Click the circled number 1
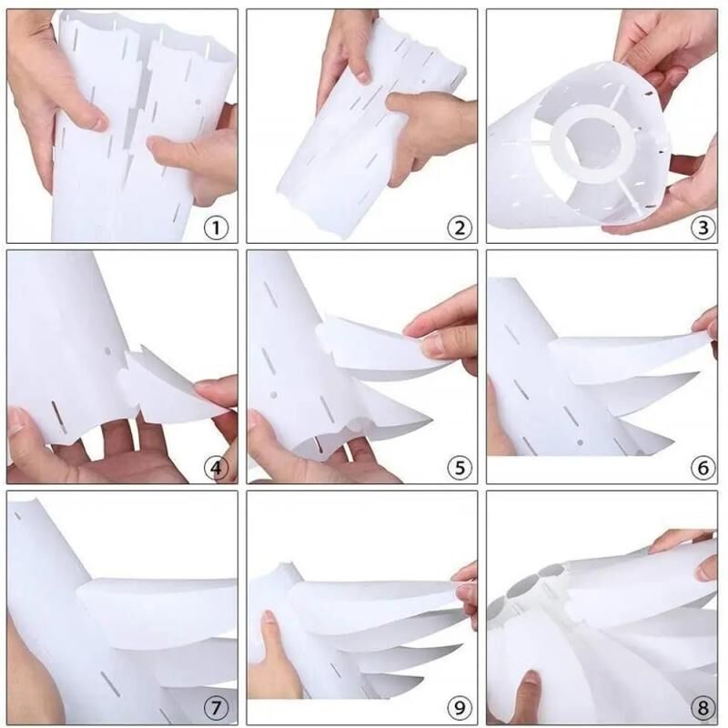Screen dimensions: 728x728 tap(216, 228)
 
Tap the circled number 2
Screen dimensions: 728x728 tap(460, 228)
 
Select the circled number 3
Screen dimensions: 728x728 tap(703, 228)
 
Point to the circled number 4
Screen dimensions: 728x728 tap(216, 468)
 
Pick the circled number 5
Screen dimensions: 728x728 tap(460, 468)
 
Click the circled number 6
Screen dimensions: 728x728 tap(703, 468)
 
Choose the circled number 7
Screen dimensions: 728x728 tap(216, 709)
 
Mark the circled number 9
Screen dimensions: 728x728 tap(460, 709)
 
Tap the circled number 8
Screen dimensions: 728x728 tap(703, 709)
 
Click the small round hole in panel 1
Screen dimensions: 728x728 tap(197, 102)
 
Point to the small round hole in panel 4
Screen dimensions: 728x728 tap(107, 351)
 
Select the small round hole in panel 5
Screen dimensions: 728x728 tap(274, 395)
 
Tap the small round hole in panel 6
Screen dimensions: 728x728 tap(580, 442)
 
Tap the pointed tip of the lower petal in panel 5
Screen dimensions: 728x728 tap(431, 420)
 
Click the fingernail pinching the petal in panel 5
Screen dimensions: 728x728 tap(430, 346)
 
